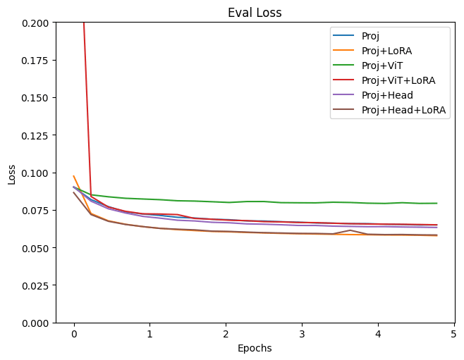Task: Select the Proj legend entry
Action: click(372, 35)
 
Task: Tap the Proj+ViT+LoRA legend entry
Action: click(398, 80)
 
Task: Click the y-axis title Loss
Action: click(12, 173)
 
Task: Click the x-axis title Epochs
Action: click(254, 348)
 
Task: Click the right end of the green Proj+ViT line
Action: click(436, 204)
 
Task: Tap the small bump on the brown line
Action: click(350, 230)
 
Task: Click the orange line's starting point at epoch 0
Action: click(74, 176)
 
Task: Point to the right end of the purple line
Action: click(436, 228)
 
